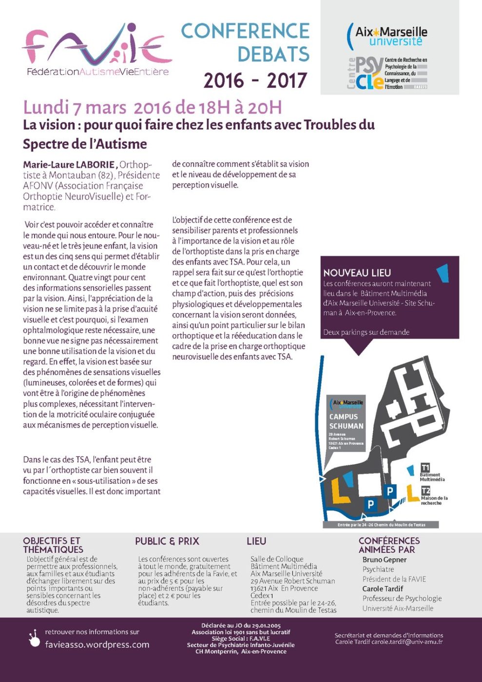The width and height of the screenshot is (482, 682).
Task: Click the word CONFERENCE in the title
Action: click(245, 31)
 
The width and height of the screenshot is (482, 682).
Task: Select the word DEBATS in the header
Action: click(273, 54)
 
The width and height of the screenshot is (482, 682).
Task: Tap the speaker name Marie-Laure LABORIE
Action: click(69, 165)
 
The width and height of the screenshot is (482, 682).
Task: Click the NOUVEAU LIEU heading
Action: click(357, 273)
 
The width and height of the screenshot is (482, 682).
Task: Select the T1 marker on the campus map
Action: click(425, 468)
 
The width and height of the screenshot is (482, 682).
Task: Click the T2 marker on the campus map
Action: click(425, 491)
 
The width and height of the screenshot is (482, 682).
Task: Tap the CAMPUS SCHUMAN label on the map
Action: click(346, 421)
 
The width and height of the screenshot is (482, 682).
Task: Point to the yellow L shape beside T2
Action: click(412, 493)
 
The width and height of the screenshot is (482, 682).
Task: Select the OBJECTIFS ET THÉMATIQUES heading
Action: click(53, 545)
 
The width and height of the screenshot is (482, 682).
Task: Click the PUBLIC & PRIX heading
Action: click(167, 541)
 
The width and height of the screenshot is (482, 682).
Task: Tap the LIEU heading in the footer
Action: click(256, 541)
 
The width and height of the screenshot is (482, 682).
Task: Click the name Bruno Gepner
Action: click(384, 560)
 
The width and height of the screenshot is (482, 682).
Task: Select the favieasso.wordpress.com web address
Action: click(97, 645)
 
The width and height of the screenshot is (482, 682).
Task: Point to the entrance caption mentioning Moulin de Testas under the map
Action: click(381, 525)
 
